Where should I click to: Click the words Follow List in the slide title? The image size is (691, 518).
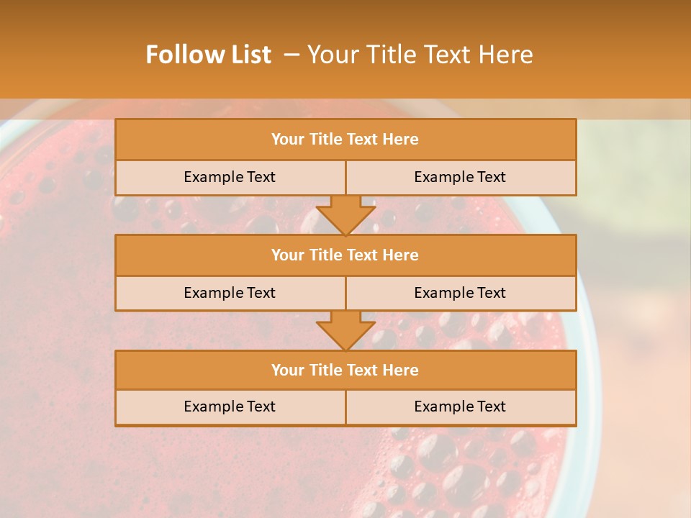[208, 55]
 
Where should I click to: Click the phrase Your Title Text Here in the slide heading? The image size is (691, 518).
[420, 55]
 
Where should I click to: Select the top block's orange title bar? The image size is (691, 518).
[345, 140]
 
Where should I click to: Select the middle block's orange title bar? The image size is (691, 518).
[345, 255]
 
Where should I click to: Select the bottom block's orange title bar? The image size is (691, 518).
[345, 371]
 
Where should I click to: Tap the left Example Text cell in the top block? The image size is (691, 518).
[230, 178]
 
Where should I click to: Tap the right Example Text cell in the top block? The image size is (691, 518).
[460, 178]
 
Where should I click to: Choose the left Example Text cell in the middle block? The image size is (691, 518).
[230, 294]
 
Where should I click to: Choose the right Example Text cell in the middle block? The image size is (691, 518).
[460, 294]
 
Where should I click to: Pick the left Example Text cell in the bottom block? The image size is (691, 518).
[230, 407]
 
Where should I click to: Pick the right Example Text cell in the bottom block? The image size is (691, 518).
[460, 407]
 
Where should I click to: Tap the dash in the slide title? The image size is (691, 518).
[292, 55]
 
